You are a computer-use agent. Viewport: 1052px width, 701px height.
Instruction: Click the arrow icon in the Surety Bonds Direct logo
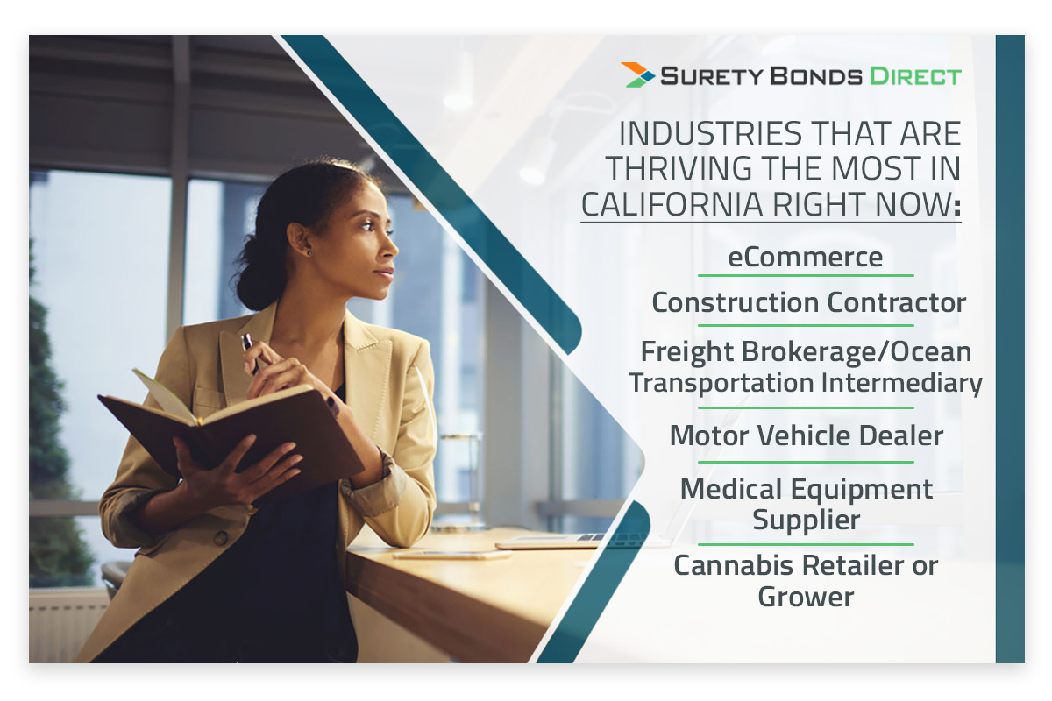click(637, 74)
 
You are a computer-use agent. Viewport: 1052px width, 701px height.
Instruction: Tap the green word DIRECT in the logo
click(915, 76)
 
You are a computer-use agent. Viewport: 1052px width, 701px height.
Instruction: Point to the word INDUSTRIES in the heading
click(711, 133)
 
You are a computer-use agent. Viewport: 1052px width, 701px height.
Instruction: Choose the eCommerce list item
click(805, 258)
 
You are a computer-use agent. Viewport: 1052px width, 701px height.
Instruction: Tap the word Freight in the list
click(687, 352)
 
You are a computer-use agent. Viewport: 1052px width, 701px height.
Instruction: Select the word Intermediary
click(901, 383)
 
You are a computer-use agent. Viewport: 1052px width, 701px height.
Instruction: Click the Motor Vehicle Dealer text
click(807, 435)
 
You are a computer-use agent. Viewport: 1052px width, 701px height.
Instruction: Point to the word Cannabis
click(734, 565)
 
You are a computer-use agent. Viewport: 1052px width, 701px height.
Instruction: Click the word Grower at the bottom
click(806, 598)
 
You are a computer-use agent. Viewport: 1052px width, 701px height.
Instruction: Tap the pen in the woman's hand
click(249, 353)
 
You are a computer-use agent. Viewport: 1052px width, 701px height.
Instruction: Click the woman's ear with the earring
click(300, 238)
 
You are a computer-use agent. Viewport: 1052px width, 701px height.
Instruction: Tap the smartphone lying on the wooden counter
click(451, 555)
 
